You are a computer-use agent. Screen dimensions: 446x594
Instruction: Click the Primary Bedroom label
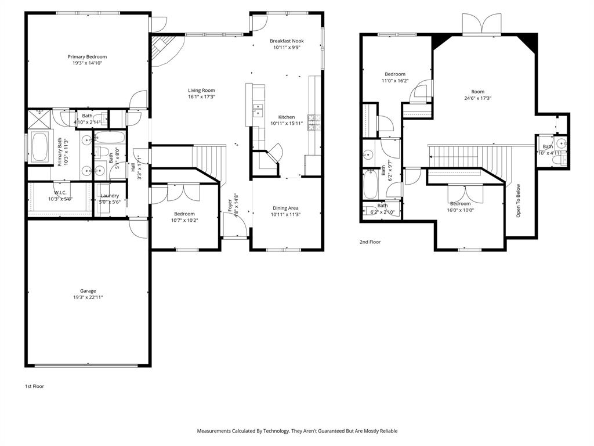87,57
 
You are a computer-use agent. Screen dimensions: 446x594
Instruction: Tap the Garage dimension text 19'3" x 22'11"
88,297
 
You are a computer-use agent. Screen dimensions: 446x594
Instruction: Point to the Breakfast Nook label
287,41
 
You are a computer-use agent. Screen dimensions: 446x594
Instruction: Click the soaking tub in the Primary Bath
40,148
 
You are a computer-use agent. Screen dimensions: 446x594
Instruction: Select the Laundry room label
110,196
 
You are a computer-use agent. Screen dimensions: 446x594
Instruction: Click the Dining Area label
287,208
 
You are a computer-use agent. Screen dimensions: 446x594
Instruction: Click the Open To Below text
519,201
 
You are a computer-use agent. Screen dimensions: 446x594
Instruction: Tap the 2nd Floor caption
370,242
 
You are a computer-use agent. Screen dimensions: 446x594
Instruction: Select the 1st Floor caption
34,386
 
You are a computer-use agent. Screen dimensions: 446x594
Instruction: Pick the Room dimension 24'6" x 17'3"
477,98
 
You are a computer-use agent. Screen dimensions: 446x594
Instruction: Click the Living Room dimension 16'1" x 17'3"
201,97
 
